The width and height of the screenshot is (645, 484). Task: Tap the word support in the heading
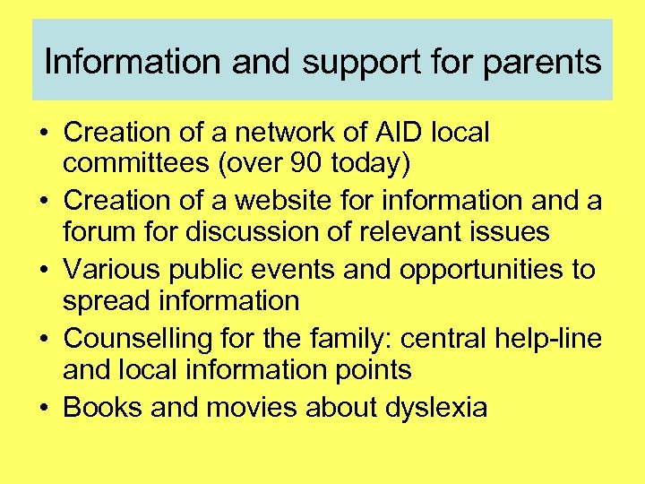[343, 63]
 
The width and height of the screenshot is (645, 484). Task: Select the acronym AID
[389, 133]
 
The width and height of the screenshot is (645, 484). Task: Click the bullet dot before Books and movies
[43, 409]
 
